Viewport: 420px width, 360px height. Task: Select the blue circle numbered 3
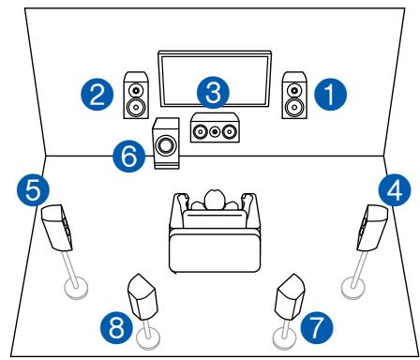(215, 92)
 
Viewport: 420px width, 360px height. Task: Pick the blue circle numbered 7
(316, 327)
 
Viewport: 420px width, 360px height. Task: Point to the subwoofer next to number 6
(167, 145)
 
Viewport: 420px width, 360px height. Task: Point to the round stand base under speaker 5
(74, 287)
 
